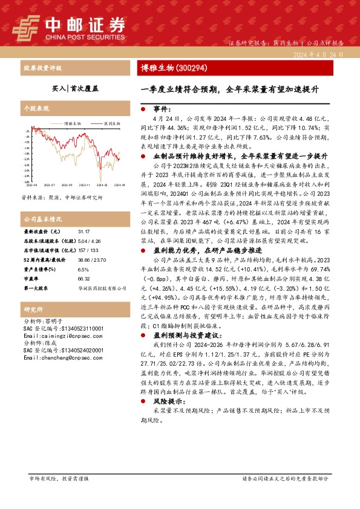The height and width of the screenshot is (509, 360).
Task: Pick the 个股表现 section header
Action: [35, 110]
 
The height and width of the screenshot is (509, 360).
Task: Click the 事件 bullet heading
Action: [160, 109]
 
